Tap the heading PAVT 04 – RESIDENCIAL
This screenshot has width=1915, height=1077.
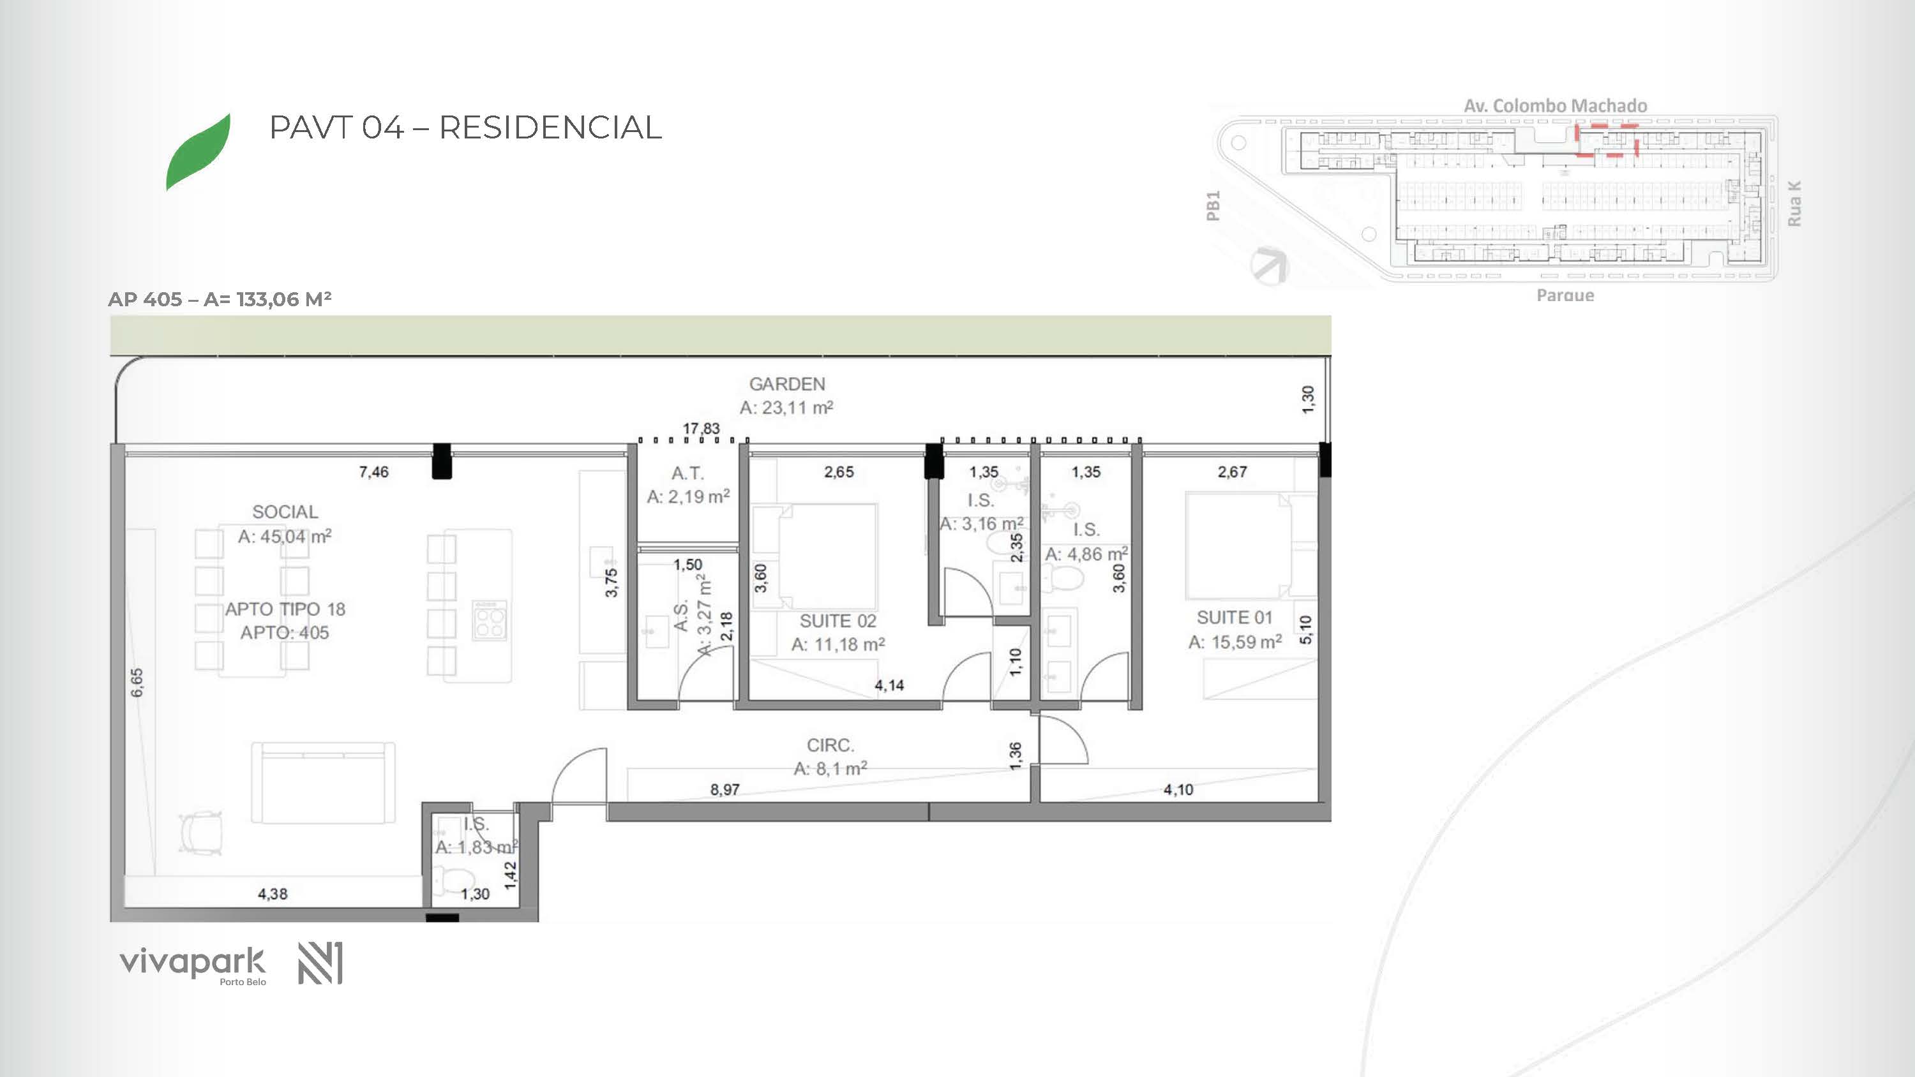(x=465, y=127)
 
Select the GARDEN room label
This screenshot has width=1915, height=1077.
(x=786, y=384)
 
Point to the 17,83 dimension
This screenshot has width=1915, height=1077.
(x=701, y=429)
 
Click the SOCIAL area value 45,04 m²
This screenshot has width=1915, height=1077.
(x=285, y=536)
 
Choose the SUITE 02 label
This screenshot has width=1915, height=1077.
(x=837, y=621)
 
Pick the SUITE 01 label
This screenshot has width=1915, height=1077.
(x=1235, y=617)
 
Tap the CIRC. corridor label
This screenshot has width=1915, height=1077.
(x=830, y=745)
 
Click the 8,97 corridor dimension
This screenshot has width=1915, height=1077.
(x=725, y=789)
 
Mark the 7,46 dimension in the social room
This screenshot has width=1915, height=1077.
(x=374, y=472)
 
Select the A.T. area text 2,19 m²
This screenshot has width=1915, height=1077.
(x=688, y=496)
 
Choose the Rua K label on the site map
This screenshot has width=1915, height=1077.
(x=1794, y=204)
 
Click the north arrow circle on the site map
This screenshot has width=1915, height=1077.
(x=1269, y=265)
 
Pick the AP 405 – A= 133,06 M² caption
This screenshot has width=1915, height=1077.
(x=220, y=299)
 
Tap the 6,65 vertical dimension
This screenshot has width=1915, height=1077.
(x=137, y=682)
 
